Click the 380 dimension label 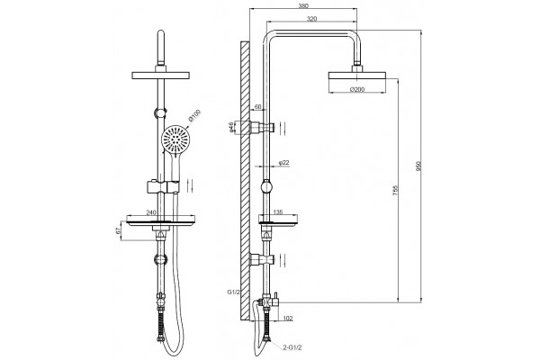[303, 5]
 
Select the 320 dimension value [311, 19]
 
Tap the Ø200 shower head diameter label [357, 89]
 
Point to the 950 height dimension [419, 166]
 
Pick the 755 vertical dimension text [395, 191]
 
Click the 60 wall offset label [257, 107]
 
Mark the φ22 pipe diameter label [283, 162]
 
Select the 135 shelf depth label [278, 211]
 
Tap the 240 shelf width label [151, 212]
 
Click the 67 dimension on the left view [118, 231]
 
